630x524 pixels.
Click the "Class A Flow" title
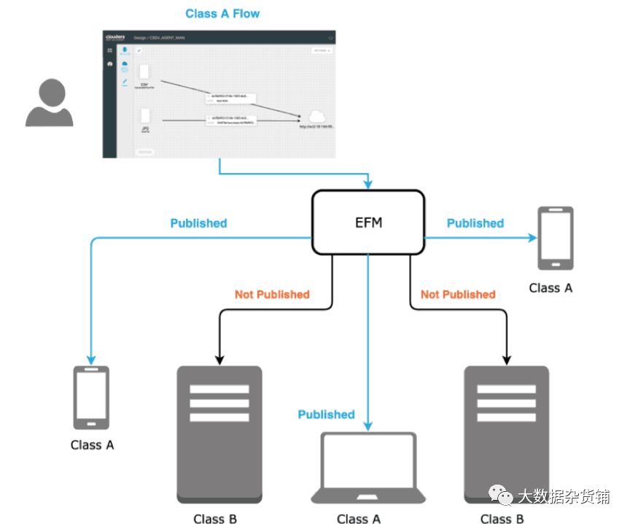(x=222, y=13)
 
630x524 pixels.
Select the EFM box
(x=368, y=222)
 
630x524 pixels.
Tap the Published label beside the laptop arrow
(x=326, y=415)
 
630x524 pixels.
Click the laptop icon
(x=368, y=468)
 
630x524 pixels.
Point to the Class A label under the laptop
(x=358, y=519)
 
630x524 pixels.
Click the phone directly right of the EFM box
(x=555, y=238)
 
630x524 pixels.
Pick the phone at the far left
(x=91, y=398)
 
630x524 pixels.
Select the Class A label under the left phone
(x=93, y=444)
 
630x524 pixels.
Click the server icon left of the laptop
(x=219, y=434)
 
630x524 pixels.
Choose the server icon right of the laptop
(x=506, y=434)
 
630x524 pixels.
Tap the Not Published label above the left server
(x=272, y=295)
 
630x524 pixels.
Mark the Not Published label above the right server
(x=458, y=295)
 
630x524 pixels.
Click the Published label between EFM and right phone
(x=475, y=223)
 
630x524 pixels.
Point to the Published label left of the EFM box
(x=198, y=223)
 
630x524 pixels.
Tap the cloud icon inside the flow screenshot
(x=316, y=116)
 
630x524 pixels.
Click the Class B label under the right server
(x=502, y=519)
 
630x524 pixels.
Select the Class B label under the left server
(x=215, y=519)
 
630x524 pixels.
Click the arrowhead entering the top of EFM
(x=368, y=184)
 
